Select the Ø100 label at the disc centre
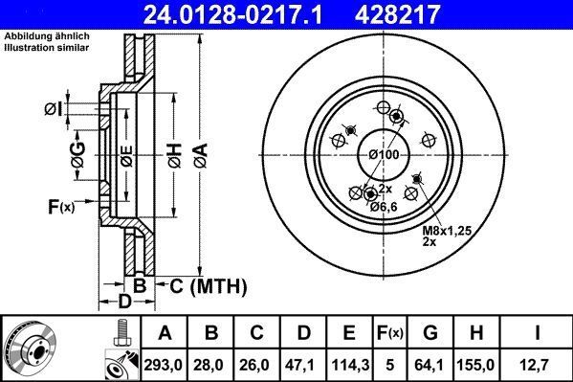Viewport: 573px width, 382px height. [x=384, y=154]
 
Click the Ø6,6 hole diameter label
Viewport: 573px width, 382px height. [x=382, y=207]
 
